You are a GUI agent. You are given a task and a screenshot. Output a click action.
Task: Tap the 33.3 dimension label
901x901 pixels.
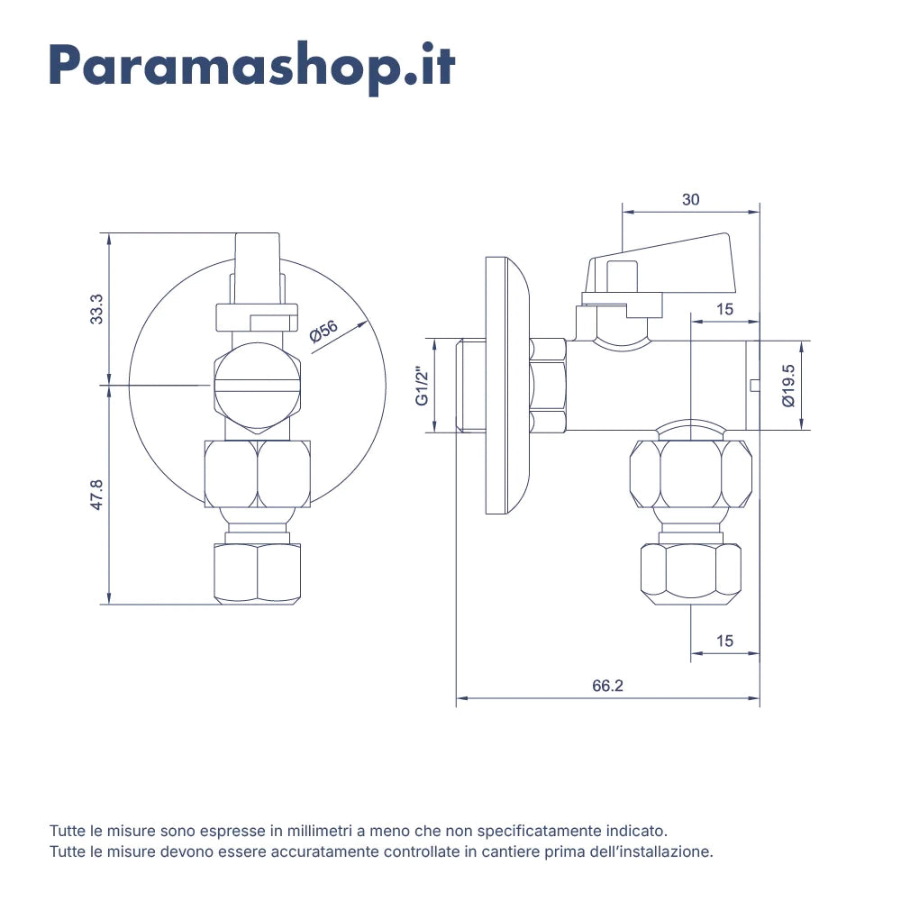click(x=96, y=308)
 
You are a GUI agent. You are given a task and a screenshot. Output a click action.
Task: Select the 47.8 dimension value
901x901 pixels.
click(x=96, y=494)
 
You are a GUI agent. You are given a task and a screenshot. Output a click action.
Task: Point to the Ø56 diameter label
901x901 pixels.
click(x=323, y=332)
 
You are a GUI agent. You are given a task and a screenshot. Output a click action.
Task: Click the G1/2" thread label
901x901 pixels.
click(x=423, y=386)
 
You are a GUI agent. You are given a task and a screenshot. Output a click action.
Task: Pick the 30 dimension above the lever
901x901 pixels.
click(x=691, y=199)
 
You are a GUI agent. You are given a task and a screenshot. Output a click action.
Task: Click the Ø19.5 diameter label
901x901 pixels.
click(x=788, y=386)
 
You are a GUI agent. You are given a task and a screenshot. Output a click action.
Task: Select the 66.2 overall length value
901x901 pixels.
click(x=607, y=686)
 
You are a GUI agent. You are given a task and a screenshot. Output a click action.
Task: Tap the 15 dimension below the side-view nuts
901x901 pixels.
click(x=724, y=641)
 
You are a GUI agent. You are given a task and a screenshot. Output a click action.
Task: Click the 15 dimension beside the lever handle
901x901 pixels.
click(x=724, y=309)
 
